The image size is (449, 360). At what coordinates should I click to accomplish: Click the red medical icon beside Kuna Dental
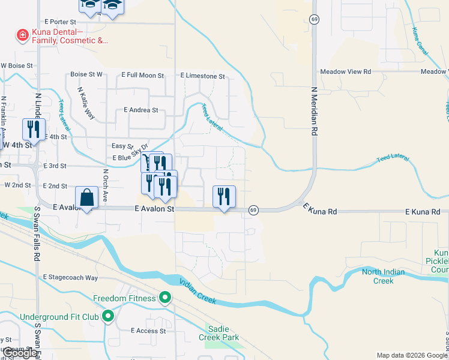coord(23,35)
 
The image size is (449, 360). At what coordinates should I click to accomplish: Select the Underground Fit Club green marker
coord(109,316)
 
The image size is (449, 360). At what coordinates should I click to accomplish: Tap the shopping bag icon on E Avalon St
coord(87,197)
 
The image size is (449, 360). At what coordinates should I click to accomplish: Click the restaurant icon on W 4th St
coord(34,130)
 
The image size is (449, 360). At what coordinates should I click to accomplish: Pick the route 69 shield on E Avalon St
coord(254,210)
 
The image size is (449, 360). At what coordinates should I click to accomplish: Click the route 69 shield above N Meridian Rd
coord(314,20)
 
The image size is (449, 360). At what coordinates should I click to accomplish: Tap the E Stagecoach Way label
coord(70,278)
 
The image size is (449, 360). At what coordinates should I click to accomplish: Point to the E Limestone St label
coord(202,76)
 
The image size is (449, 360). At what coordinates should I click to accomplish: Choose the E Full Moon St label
coord(142,76)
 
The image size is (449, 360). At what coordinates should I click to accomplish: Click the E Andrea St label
coord(140,110)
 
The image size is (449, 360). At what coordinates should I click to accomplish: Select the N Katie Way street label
coord(86,102)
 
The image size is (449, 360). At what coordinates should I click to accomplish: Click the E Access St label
coord(148,331)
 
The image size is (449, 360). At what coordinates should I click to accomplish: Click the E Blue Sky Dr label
coord(130,158)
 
